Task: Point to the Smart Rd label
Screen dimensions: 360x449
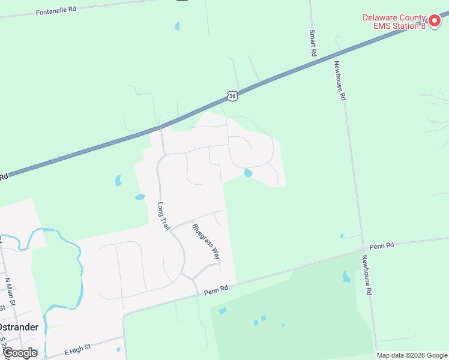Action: [313, 43]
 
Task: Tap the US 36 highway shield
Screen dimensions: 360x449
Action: [233, 95]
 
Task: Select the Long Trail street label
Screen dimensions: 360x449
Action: [164, 216]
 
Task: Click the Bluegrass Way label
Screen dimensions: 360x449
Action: [205, 241]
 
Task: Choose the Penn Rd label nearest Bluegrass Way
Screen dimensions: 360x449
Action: [216, 289]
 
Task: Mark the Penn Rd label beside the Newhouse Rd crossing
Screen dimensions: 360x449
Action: [382, 245]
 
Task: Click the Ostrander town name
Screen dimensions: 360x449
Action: [19, 327]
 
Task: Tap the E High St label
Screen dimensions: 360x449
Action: [77, 347]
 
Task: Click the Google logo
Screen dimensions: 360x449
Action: [20, 353]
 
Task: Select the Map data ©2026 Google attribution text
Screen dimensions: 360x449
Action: [412, 355]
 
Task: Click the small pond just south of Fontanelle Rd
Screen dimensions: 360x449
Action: [177, 26]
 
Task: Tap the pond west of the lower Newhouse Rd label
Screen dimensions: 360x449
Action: [346, 277]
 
